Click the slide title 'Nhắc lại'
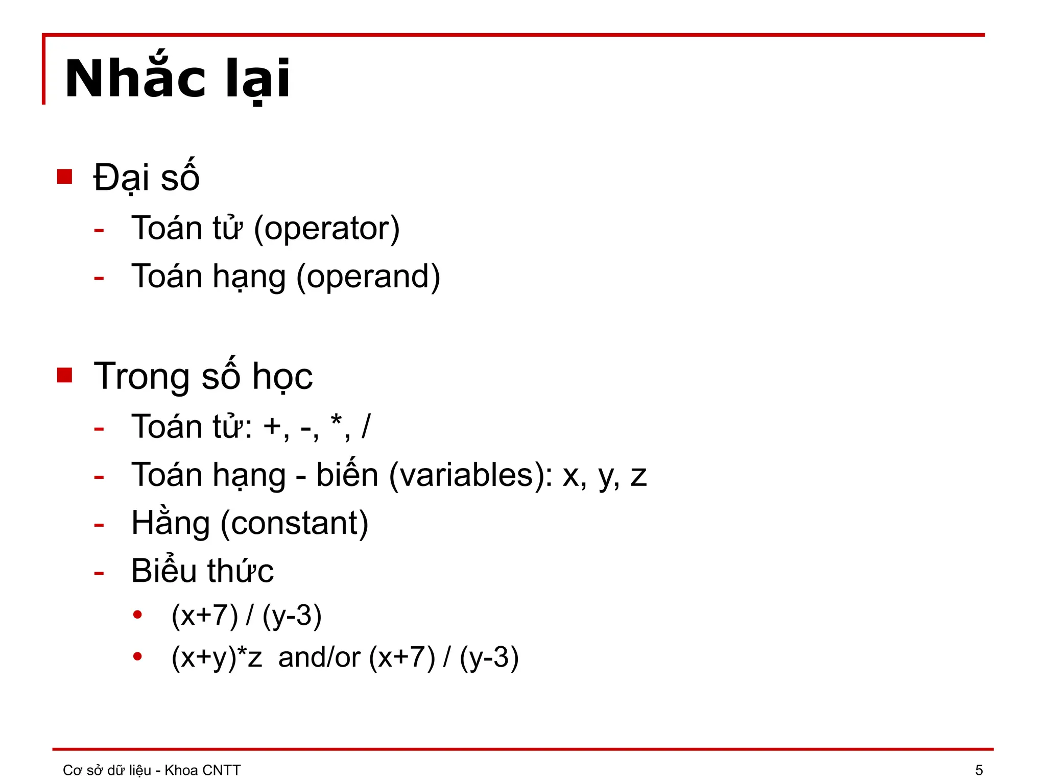tap(177, 79)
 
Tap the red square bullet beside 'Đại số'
tap(65, 177)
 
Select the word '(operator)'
tap(326, 228)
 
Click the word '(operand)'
tap(368, 277)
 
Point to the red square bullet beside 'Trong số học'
tap(65, 375)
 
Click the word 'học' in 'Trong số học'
tap(282, 377)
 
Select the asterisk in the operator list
tap(336, 422)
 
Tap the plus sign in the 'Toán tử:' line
tap(273, 427)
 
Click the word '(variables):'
tap(470, 475)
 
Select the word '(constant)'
tap(294, 523)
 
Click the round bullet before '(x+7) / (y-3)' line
tap(137, 615)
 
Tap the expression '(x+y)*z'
tap(217, 657)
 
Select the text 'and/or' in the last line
tap(319, 657)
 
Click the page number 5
tap(979, 770)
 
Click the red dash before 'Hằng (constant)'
tap(99, 525)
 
